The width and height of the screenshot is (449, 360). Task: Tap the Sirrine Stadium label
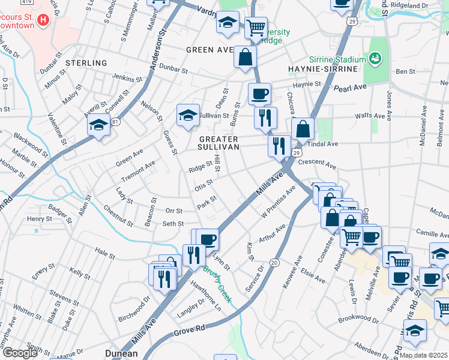point(337,59)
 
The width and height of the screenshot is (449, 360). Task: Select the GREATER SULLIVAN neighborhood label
point(219,142)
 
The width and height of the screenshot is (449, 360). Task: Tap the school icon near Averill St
point(98,125)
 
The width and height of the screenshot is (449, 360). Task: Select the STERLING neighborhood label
point(86,63)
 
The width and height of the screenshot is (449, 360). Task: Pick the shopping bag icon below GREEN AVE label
point(245,58)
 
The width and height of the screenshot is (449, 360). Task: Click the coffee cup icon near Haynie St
point(259,94)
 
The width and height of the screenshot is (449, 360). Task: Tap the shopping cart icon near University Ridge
point(256,26)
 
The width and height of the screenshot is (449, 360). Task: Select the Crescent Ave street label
point(316,163)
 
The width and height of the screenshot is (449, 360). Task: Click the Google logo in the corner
point(20,353)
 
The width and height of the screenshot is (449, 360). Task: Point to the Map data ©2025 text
point(424,355)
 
